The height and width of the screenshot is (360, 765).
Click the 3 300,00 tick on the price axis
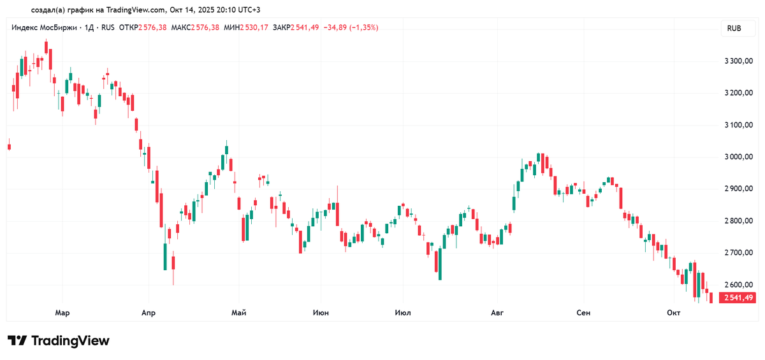[739, 61]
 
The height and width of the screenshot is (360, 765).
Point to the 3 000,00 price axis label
[739, 157]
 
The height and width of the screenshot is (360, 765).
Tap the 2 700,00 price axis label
[739, 253]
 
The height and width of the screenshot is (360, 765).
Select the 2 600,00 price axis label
[739, 285]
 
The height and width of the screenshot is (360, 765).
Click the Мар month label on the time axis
[62, 313]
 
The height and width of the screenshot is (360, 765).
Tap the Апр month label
[148, 313]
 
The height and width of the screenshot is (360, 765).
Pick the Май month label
[239, 313]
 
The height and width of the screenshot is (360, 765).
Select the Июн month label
[321, 313]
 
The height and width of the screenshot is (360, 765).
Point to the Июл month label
[403, 313]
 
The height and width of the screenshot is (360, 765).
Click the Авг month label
[497, 313]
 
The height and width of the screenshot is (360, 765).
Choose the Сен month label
[583, 313]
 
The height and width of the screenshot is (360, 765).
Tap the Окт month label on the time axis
[674, 313]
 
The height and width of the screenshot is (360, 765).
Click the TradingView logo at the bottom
[59, 341]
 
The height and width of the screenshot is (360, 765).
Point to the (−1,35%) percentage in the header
[366, 27]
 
